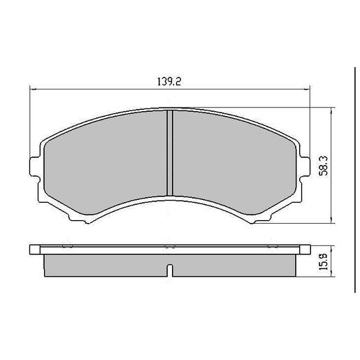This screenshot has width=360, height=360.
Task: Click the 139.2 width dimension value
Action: coord(169,81)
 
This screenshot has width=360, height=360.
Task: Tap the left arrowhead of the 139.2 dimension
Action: coord(34,89)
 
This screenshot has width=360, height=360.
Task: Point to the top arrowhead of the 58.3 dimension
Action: coord(330,110)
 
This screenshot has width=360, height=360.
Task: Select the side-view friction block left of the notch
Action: coord(105,264)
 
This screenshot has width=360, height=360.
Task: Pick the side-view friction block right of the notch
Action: coord(234,264)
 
